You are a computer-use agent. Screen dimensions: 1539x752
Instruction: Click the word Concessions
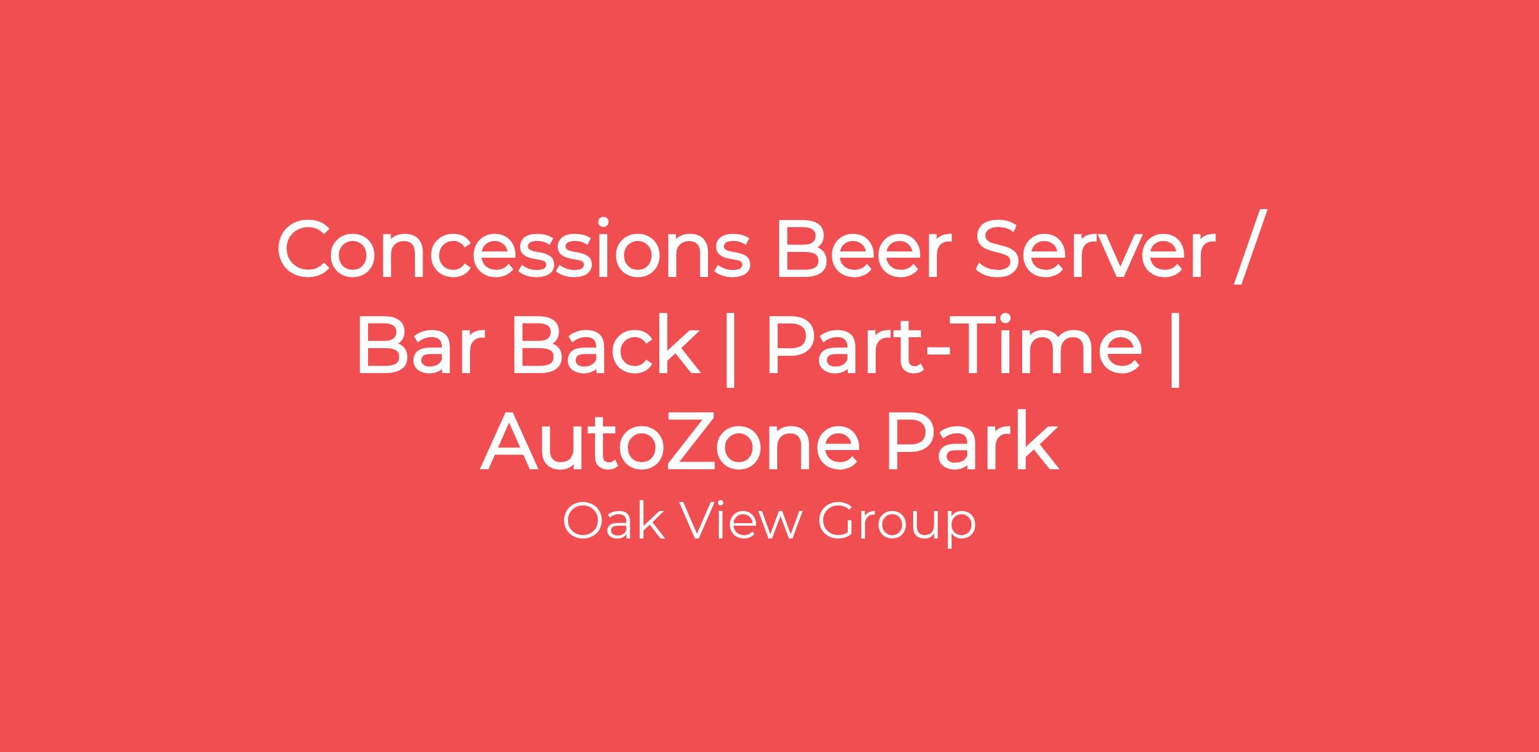tap(514, 249)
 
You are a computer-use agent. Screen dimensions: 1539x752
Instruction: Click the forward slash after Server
tap(1250, 247)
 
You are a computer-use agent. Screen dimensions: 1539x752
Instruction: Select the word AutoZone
tap(670, 439)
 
